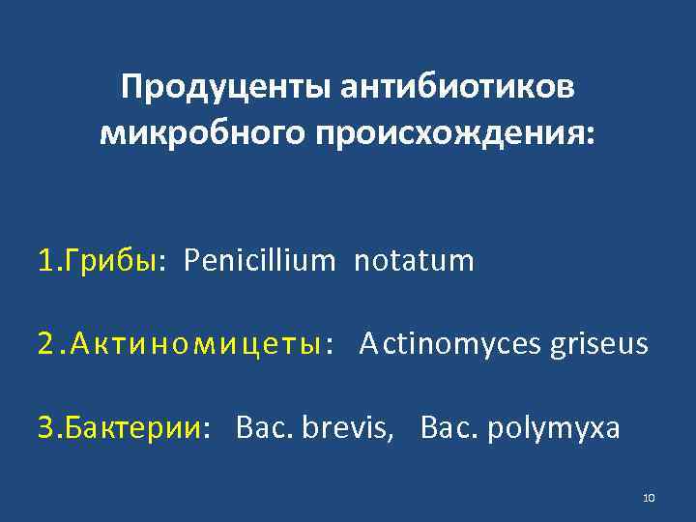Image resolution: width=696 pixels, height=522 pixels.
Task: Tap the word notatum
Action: pyautogui.click(x=414, y=261)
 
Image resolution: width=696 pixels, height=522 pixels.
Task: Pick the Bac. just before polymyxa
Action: pyautogui.click(x=449, y=427)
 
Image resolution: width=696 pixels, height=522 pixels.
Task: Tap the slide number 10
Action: pyautogui.click(x=649, y=498)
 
